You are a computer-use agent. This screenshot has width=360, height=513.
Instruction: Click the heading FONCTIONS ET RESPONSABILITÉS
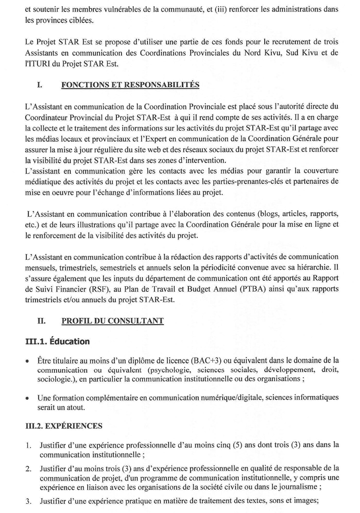[130, 85]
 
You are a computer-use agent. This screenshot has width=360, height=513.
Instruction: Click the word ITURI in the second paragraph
[38, 63]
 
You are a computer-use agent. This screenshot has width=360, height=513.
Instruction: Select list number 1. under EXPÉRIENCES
[28, 445]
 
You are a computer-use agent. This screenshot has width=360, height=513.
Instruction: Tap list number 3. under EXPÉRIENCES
[28, 501]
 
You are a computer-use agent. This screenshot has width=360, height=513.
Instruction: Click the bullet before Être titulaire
[27, 361]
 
